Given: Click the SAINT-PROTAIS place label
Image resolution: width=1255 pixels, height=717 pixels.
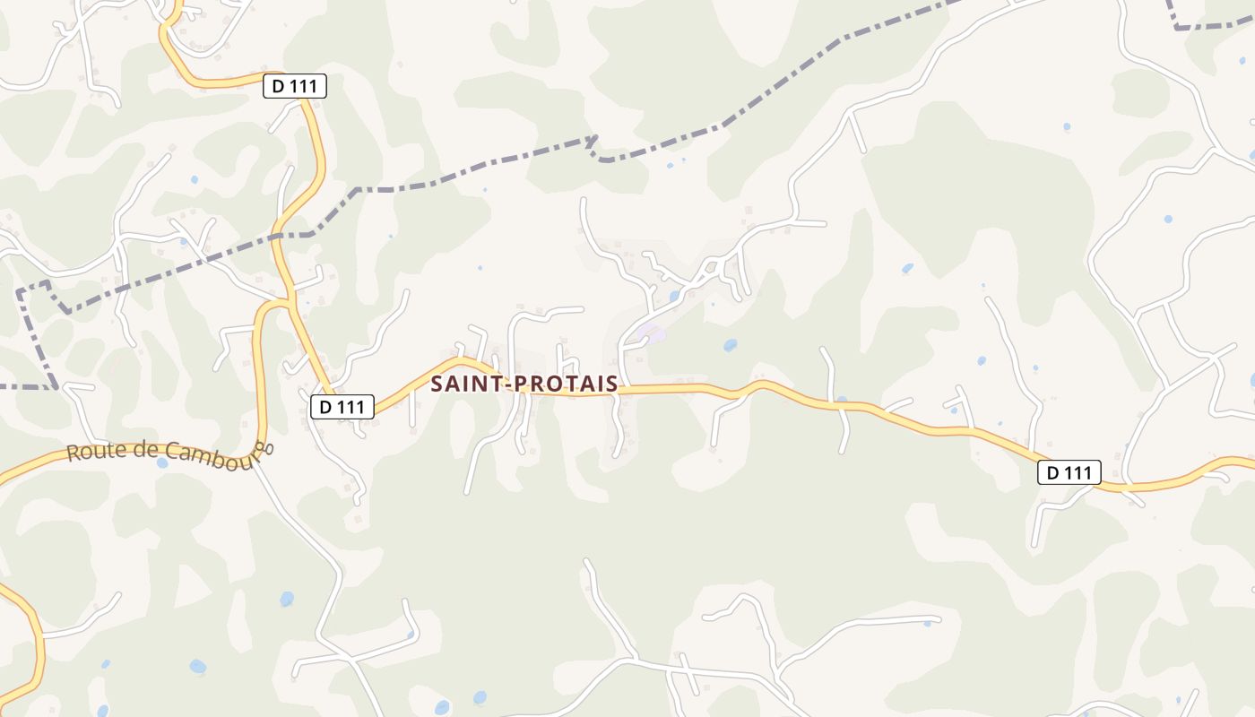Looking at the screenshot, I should (x=524, y=384).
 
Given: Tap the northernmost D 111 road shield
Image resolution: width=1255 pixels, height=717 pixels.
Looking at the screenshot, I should (x=295, y=86).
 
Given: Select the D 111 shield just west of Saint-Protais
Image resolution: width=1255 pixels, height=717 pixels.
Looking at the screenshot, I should (x=342, y=407).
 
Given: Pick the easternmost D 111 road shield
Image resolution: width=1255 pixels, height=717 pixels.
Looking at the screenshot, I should (x=1069, y=472).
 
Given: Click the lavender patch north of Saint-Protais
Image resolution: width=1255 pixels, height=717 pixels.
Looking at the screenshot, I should (x=653, y=335).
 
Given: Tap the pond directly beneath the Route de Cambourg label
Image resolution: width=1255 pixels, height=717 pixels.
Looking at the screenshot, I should (x=162, y=463).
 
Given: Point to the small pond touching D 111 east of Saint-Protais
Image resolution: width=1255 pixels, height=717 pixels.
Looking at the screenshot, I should (x=841, y=401).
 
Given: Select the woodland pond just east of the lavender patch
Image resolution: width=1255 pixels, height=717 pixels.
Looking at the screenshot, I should (x=730, y=344).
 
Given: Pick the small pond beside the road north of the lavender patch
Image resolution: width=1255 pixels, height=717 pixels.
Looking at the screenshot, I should (x=674, y=296).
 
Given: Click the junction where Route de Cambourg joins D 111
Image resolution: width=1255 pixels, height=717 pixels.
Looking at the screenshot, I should (x=289, y=302).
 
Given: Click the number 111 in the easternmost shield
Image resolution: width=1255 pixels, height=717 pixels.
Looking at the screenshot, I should (x=1078, y=472).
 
